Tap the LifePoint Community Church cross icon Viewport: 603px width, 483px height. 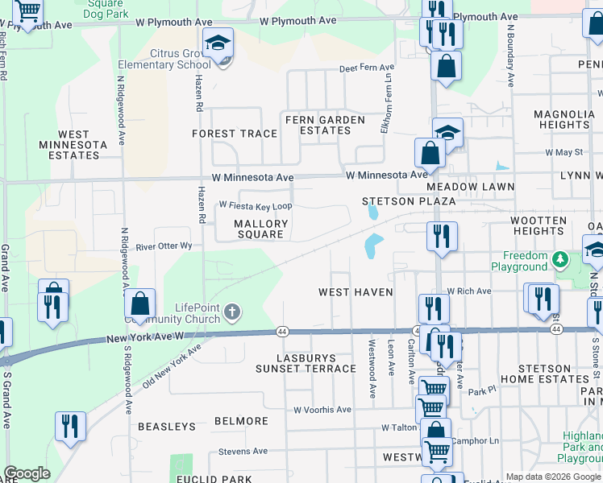232,311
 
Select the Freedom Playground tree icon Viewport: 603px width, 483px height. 559,258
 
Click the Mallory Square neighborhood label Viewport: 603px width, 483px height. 261,229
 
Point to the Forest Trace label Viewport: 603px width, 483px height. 235,134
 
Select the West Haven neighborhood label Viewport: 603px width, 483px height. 356,292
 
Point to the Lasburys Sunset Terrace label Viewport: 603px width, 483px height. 306,362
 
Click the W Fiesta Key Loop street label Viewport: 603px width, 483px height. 255,206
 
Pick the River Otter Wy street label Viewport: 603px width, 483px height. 164,246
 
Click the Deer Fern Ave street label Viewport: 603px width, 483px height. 366,68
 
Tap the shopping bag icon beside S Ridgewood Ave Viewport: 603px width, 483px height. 140,304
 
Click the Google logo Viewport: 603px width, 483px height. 27,473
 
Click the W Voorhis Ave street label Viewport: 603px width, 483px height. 322,410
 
